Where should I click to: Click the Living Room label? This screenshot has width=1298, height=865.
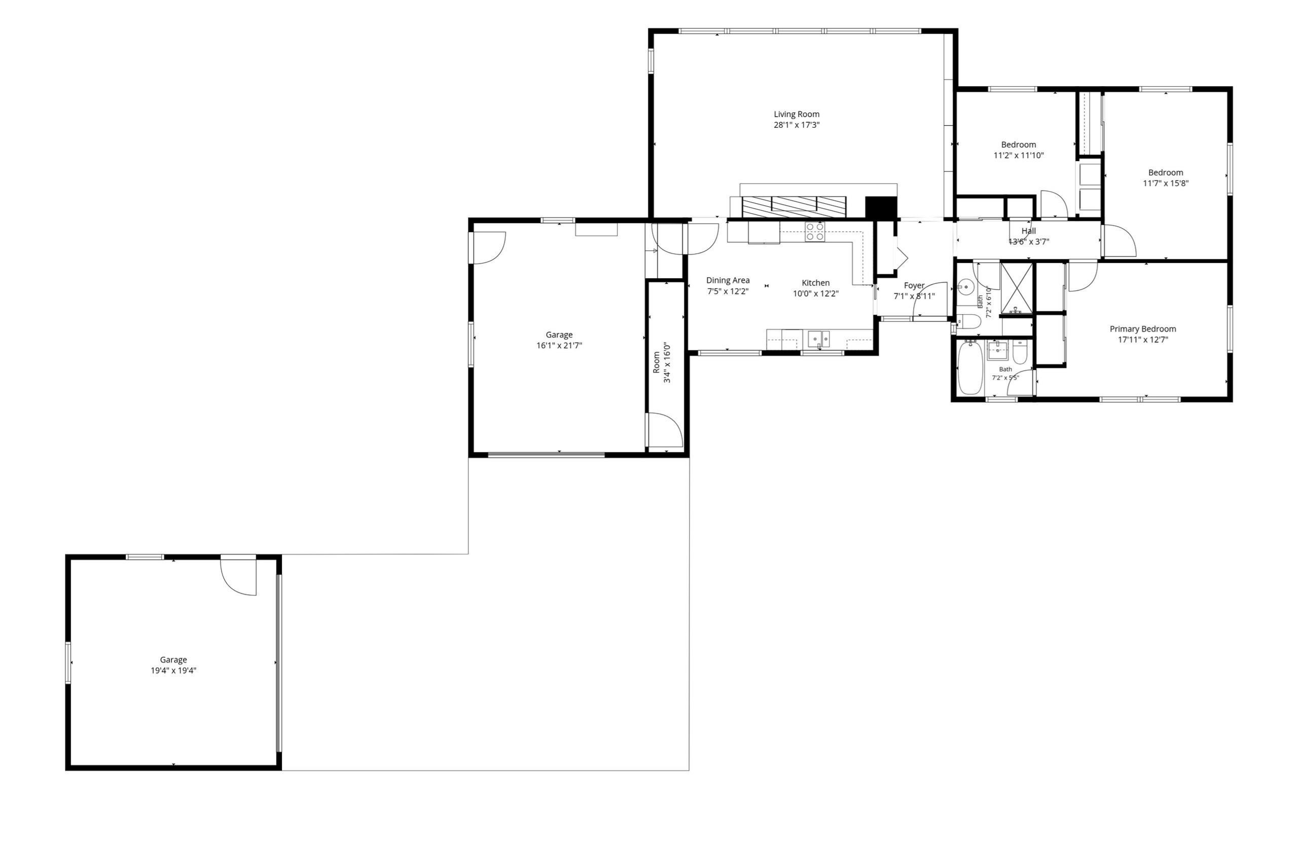(797, 114)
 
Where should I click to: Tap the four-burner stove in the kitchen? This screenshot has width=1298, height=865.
(815, 232)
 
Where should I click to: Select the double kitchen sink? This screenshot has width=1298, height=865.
(818, 339)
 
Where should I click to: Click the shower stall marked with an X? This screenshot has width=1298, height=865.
(1016, 288)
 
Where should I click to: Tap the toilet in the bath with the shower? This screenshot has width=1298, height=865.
(967, 321)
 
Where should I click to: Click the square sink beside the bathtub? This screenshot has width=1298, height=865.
(998, 350)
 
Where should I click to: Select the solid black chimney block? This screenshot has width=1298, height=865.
(881, 207)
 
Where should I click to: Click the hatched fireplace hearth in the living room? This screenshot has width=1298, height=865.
(794, 207)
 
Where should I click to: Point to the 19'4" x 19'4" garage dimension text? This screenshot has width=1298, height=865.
(174, 671)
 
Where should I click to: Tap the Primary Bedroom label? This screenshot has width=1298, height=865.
(1143, 329)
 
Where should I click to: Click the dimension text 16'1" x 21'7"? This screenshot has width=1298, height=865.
(559, 345)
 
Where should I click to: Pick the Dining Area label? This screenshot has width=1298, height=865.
(728, 280)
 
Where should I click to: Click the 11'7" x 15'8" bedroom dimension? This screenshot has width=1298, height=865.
(1166, 183)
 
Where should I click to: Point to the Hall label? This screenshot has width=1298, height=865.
(1029, 231)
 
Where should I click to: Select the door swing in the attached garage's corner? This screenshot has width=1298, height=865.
(488, 248)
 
